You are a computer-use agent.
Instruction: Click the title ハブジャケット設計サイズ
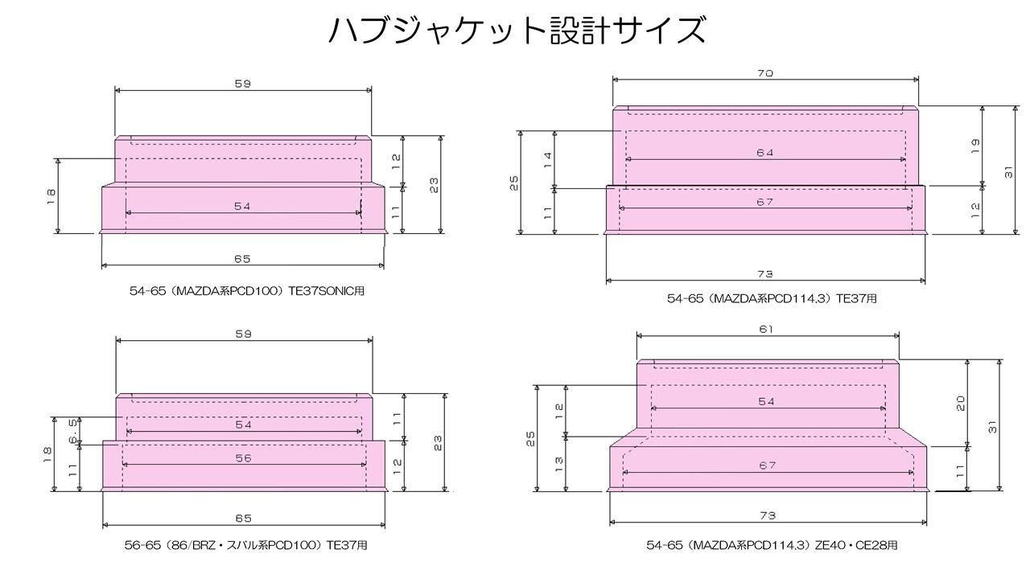click(517, 30)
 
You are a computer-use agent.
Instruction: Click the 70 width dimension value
click(765, 73)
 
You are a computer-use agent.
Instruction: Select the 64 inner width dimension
click(765, 153)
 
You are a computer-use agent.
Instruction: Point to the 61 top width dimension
click(766, 329)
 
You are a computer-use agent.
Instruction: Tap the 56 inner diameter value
click(243, 458)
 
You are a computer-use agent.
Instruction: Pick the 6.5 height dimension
click(73, 431)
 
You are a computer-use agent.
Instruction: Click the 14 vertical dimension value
click(548, 160)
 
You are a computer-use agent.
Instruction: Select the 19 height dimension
click(974, 146)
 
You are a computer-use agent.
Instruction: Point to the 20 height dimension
click(961, 404)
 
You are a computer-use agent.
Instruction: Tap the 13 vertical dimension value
click(558, 464)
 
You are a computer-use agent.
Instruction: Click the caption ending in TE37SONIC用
click(247, 291)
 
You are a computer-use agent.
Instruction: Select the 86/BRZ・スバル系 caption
click(246, 545)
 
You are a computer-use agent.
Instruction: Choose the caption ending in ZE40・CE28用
click(772, 545)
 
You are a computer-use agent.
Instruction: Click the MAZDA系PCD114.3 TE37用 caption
click(772, 298)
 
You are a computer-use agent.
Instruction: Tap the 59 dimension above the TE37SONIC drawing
click(243, 84)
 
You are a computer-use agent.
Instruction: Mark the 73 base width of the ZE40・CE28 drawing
click(768, 515)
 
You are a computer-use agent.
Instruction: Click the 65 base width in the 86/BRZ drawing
click(243, 519)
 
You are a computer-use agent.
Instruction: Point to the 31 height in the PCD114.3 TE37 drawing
click(1008, 172)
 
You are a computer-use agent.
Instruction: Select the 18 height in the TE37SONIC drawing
click(51, 197)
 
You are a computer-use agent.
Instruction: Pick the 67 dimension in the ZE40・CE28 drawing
click(768, 466)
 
